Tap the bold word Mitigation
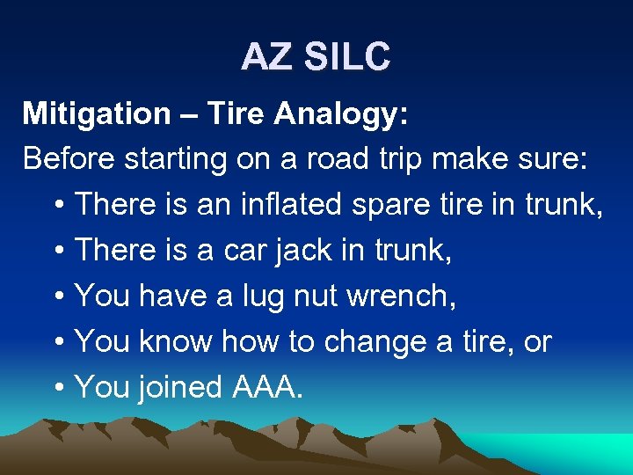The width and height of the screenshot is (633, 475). coord(97,113)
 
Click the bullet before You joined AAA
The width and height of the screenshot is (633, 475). coord(59,388)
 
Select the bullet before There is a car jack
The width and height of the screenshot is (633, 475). coord(59,251)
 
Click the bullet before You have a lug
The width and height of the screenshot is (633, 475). coord(59,296)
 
